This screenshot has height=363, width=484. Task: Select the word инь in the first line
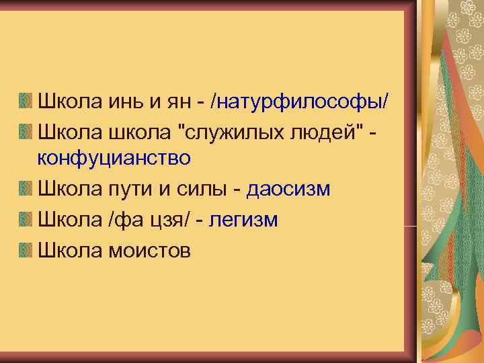coord(124,101)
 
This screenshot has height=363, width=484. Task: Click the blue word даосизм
coord(288,189)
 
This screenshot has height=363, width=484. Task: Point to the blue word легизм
coord(243,220)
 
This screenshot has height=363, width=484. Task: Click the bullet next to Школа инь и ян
coord(25,102)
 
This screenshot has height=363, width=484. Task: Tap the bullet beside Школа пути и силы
coord(25,190)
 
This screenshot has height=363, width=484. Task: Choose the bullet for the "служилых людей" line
coord(25,131)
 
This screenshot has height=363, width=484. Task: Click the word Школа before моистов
coord(65,250)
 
